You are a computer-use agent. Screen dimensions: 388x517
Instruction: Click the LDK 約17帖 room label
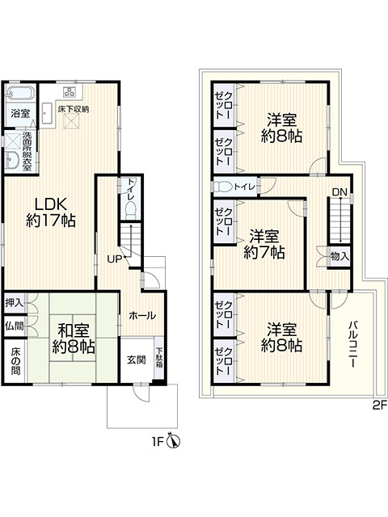(51, 212)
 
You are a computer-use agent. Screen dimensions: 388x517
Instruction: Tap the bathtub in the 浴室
(19, 93)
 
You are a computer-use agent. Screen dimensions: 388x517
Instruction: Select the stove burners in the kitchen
(70, 91)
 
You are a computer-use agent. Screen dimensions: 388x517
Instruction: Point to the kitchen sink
(47, 114)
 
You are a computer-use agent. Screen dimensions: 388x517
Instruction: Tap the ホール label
(142, 316)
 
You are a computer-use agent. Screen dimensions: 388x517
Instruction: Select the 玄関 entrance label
(137, 360)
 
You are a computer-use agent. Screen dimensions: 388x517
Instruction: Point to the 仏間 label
(15, 326)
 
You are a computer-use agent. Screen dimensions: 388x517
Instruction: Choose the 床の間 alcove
(15, 361)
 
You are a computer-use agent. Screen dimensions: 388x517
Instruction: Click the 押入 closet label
(15, 303)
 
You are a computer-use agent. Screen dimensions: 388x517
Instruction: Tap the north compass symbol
(174, 441)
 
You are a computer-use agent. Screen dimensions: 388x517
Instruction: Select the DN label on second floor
(339, 192)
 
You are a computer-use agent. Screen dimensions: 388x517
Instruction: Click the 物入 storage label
(339, 257)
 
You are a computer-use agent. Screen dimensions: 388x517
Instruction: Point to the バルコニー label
(352, 344)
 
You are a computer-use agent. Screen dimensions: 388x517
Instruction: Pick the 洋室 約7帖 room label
(264, 244)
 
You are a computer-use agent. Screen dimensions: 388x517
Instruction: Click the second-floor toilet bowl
(221, 187)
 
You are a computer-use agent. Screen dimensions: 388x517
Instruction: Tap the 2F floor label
(379, 406)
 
